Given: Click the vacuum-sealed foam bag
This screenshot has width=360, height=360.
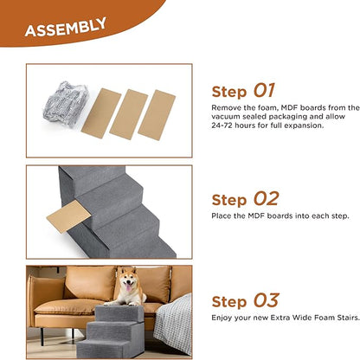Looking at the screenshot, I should pyautogui.click(x=61, y=101).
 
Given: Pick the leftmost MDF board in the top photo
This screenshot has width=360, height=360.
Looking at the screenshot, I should pyautogui.click(x=98, y=112).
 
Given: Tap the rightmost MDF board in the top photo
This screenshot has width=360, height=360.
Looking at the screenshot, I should pyautogui.click(x=157, y=112).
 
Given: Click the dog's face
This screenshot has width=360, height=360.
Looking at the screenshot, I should pyautogui.click(x=130, y=283).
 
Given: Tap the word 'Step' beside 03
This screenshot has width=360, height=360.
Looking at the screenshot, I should pyautogui.click(x=229, y=303).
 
